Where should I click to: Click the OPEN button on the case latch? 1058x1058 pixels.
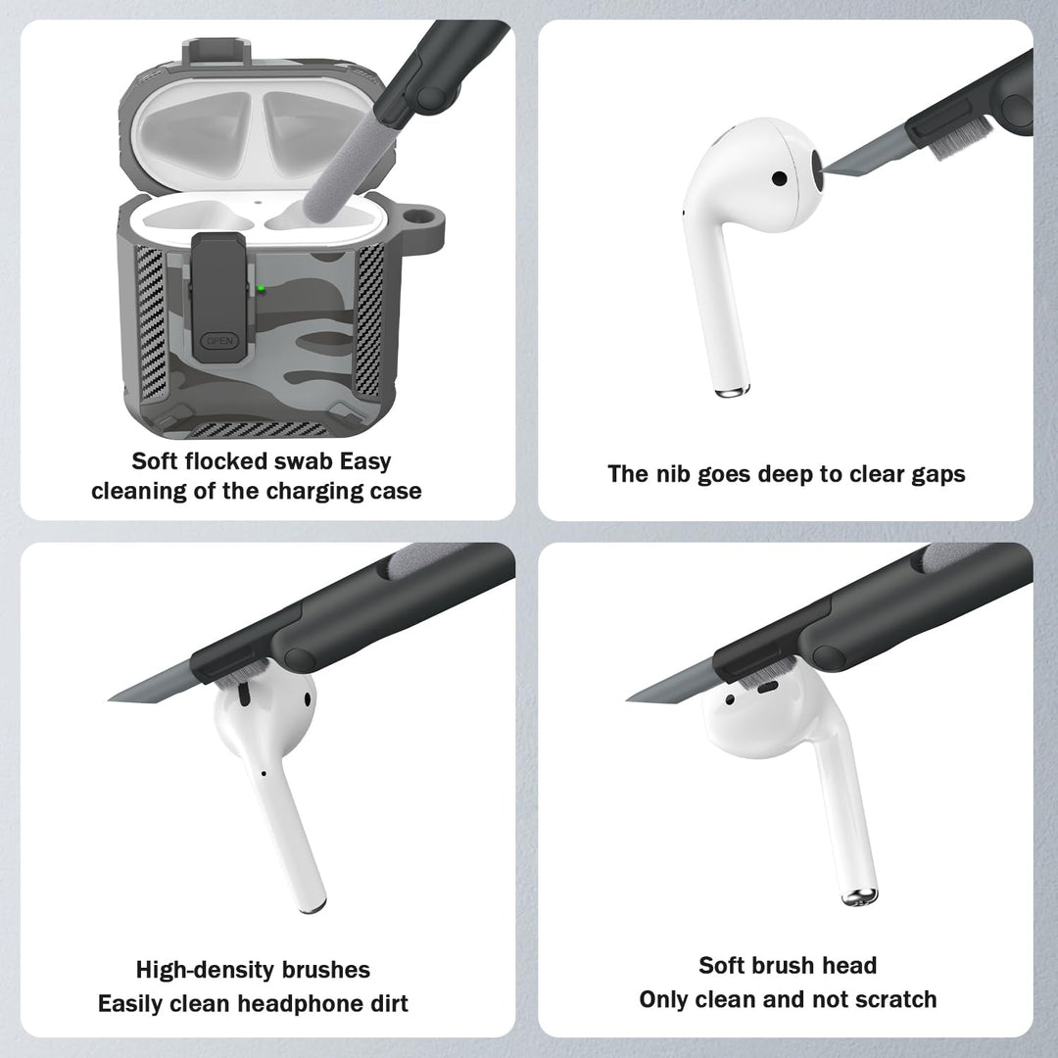[216, 343]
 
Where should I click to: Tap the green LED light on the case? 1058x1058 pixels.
[262, 289]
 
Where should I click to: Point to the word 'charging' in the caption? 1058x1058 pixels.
[319, 491]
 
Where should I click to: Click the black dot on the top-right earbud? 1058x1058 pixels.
[779, 179]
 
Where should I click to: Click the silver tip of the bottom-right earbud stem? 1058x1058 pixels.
[859, 894]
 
